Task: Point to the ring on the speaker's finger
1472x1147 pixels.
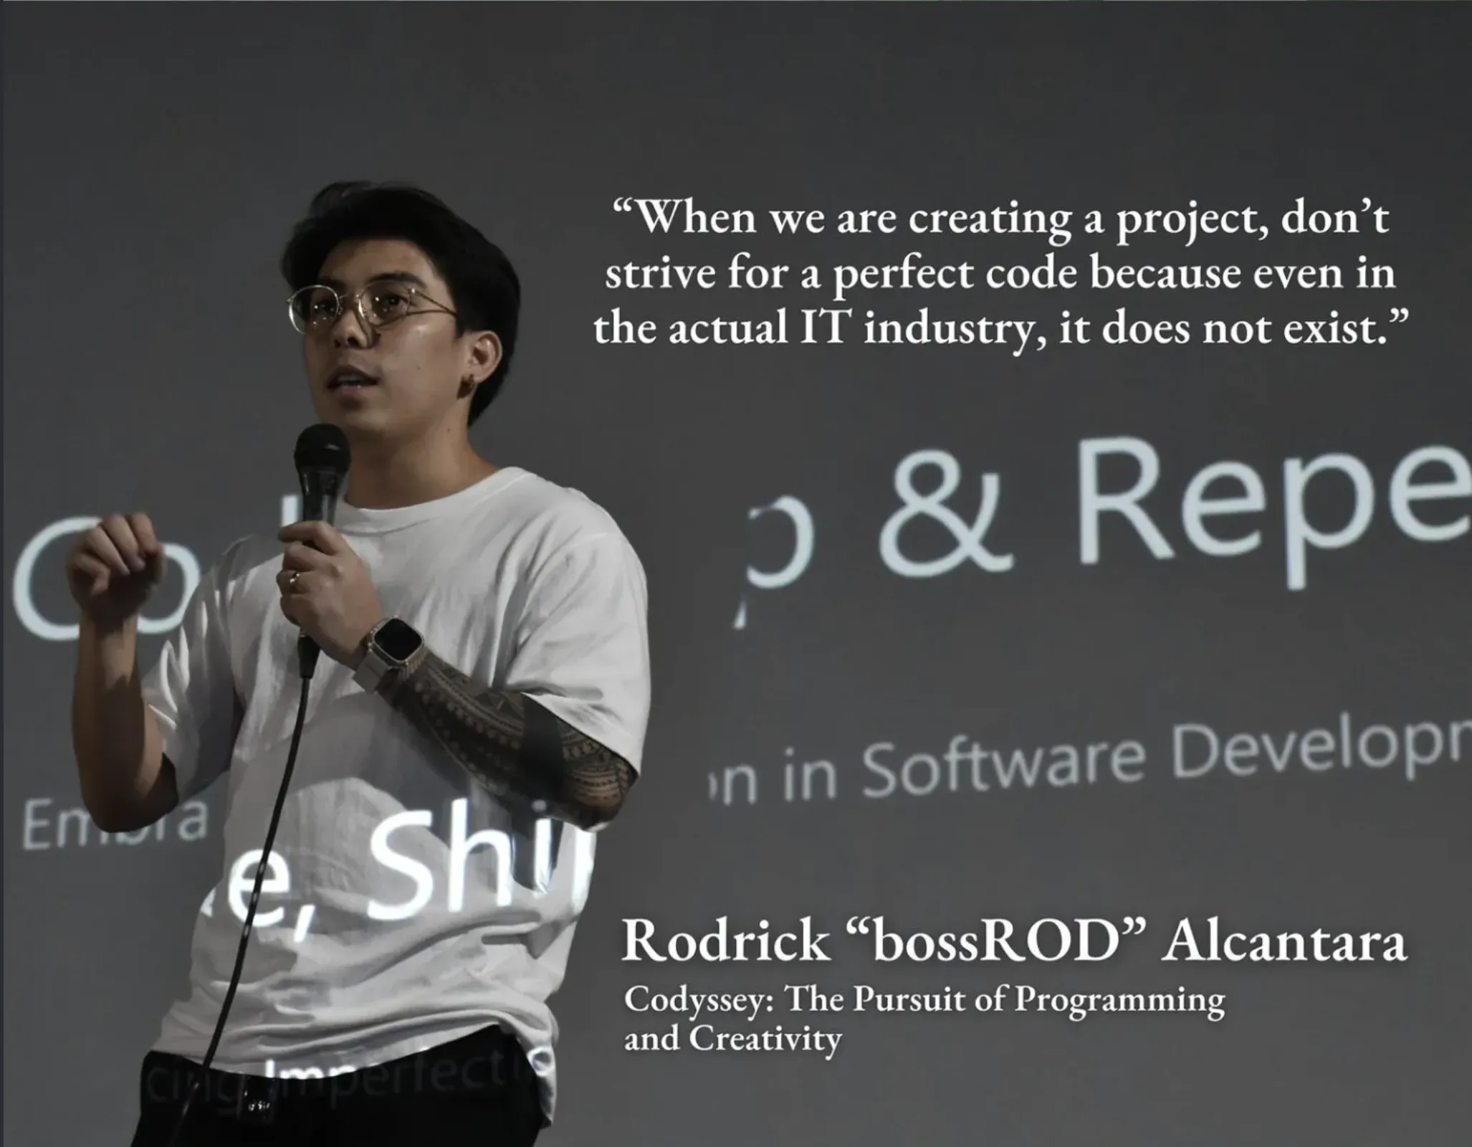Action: pos(293,578)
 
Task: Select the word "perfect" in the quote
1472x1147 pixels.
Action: pos(902,275)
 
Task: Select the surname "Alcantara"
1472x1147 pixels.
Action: pos(1283,942)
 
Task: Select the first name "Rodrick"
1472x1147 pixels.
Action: pos(725,942)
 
